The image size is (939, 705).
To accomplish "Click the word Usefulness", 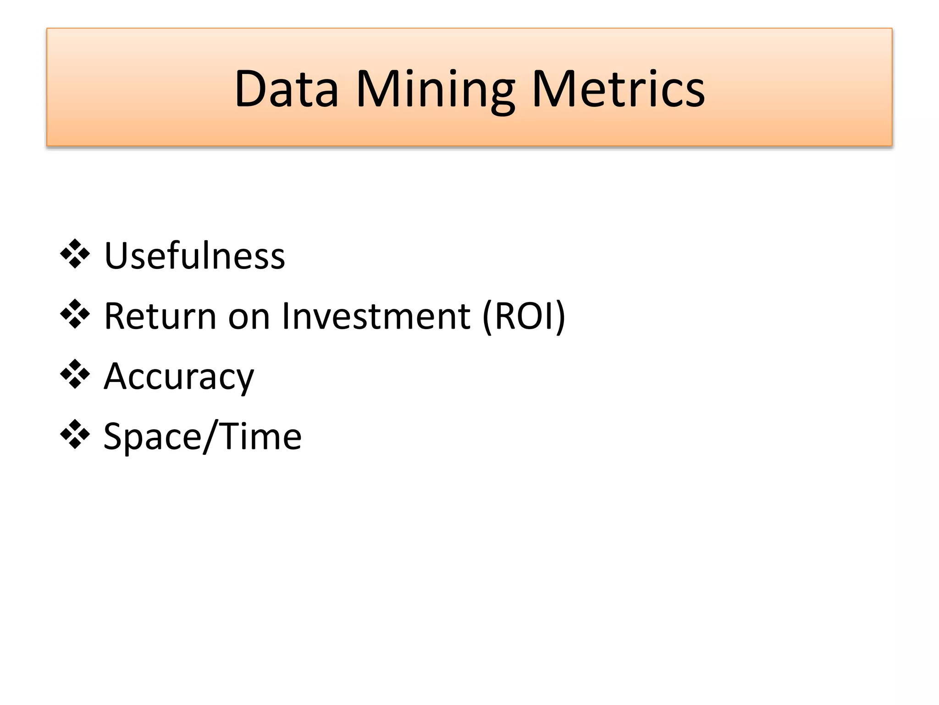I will tap(194, 256).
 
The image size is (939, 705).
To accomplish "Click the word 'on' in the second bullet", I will tap(249, 317).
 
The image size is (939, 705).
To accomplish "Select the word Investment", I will tap(376, 316).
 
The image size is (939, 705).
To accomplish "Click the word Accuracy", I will tap(179, 376).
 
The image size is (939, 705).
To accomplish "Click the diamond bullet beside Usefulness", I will tap(75, 254).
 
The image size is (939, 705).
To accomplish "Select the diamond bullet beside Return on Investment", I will tap(75, 314).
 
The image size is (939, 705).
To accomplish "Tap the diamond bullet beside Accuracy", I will tap(75, 375).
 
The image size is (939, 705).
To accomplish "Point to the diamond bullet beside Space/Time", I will tap(75, 435).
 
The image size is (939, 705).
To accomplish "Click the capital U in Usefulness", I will tap(116, 256).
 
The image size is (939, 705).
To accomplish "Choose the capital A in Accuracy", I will tap(117, 376).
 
